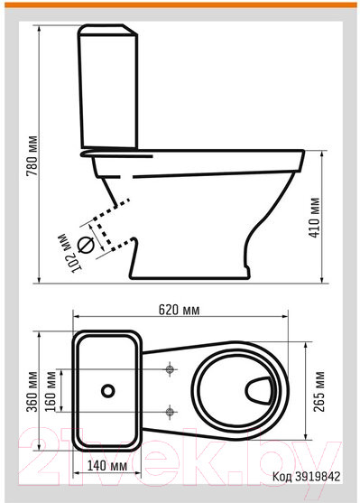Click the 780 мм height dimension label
[x=32, y=156]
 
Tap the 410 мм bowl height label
[x=315, y=218]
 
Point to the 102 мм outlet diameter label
[x=69, y=254]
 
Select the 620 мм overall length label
[x=180, y=310]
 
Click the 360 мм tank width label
[x=32, y=392]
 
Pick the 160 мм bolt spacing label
[x=51, y=392]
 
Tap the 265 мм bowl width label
[x=319, y=392]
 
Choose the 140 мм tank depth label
[x=107, y=466]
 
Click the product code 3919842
[x=318, y=477]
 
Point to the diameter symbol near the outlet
[x=86, y=246]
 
